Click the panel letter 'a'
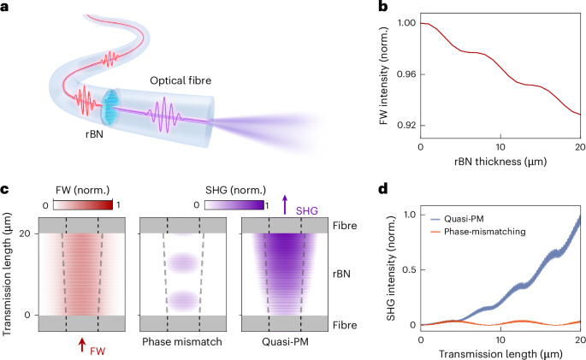click(7, 9)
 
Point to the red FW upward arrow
click(81, 344)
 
